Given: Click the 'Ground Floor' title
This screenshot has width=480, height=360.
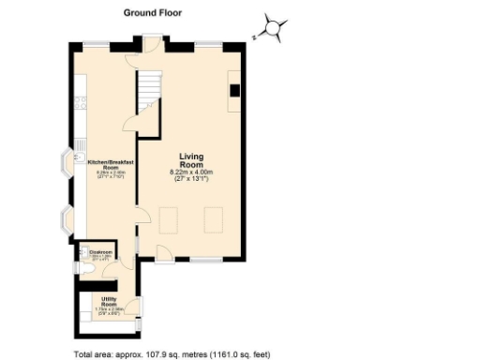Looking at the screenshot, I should coord(153,13).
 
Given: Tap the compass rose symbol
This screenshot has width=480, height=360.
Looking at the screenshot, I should coord(273,29).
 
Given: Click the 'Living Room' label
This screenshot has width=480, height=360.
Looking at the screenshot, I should coord(191,160).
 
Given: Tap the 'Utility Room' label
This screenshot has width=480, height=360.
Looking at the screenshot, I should coord(109,304).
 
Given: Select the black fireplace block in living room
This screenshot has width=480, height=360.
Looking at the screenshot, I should coord(233,90).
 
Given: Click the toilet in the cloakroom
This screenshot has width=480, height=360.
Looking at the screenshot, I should coord(85,269).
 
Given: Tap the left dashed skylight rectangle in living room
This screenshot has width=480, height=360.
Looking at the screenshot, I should coord(170,220).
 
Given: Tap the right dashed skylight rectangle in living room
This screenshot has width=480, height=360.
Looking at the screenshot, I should coord(213,220).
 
